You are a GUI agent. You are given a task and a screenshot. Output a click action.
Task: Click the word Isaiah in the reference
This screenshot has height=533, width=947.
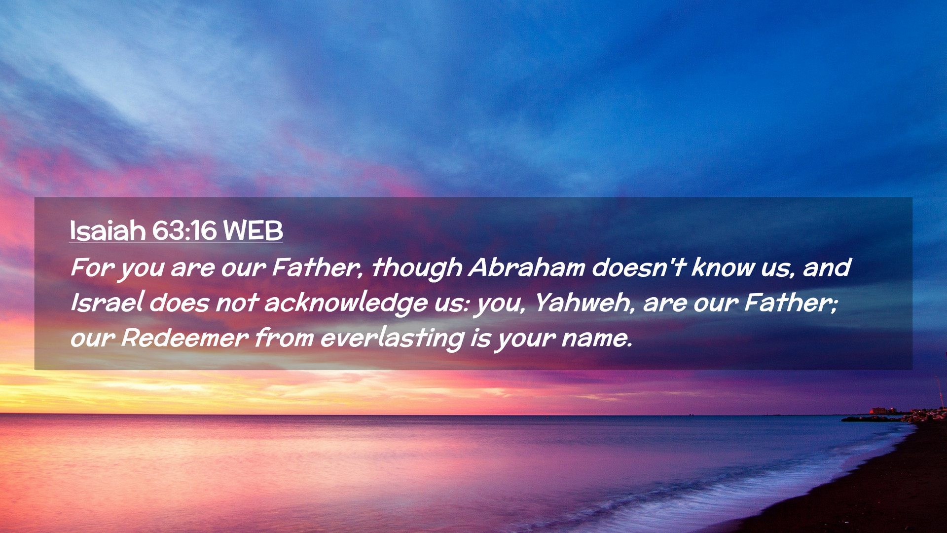(108, 230)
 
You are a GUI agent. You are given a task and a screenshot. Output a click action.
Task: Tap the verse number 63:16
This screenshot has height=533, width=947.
(184, 230)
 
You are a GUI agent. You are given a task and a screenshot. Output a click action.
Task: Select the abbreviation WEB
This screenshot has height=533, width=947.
(253, 230)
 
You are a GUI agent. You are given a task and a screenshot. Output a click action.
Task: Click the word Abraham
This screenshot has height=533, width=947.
(527, 267)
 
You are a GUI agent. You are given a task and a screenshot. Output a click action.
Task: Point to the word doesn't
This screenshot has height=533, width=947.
(639, 267)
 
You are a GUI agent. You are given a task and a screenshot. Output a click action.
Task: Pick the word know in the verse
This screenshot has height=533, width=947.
(723, 267)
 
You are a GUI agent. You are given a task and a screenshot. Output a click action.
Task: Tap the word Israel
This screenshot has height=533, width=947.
(107, 302)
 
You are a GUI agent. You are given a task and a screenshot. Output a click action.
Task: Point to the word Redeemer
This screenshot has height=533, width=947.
(184, 338)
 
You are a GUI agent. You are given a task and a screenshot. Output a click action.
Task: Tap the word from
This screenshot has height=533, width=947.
(285, 338)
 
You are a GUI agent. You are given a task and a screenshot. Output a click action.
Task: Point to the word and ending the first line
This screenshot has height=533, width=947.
(827, 267)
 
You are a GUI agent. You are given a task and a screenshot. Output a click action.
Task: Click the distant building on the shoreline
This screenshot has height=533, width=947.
(879, 411)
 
